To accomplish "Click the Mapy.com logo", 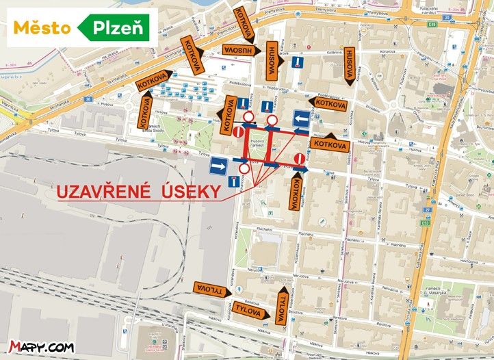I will (42, 348).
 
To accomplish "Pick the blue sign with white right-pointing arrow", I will (218, 166).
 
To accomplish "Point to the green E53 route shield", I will (426, 223).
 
